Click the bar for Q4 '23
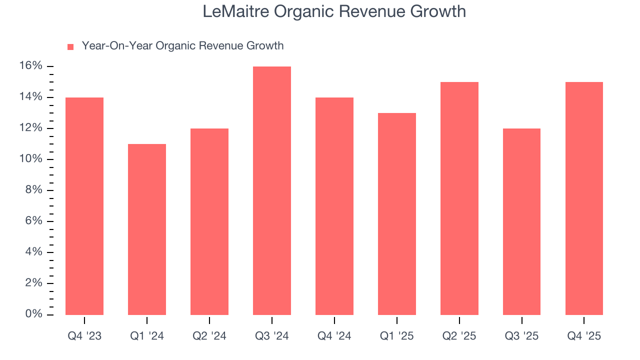[84, 206]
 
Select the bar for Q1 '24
[147, 229]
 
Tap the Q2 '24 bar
[209, 221]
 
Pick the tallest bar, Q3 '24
[272, 190]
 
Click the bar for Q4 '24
[334, 206]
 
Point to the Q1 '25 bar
[397, 214]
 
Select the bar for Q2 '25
[459, 198]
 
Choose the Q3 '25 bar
[521, 221]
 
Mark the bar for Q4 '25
[584, 198]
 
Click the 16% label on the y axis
[31, 66]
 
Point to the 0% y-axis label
[34, 314]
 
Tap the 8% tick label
[34, 190]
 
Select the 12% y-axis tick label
[31, 128]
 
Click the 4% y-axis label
[34, 252]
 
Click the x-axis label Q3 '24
[272, 336]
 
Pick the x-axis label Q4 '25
[584, 336]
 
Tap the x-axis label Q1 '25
[397, 336]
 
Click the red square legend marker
[70, 46]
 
